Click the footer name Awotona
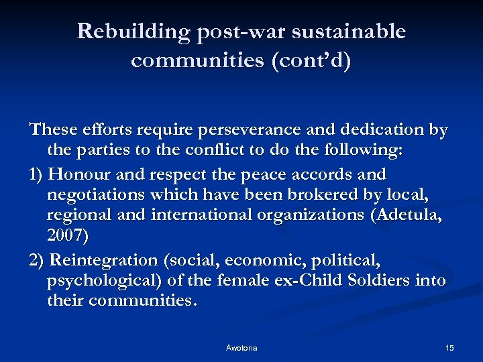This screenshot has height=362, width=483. pos(241,348)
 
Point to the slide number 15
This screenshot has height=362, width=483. pos(449,348)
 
